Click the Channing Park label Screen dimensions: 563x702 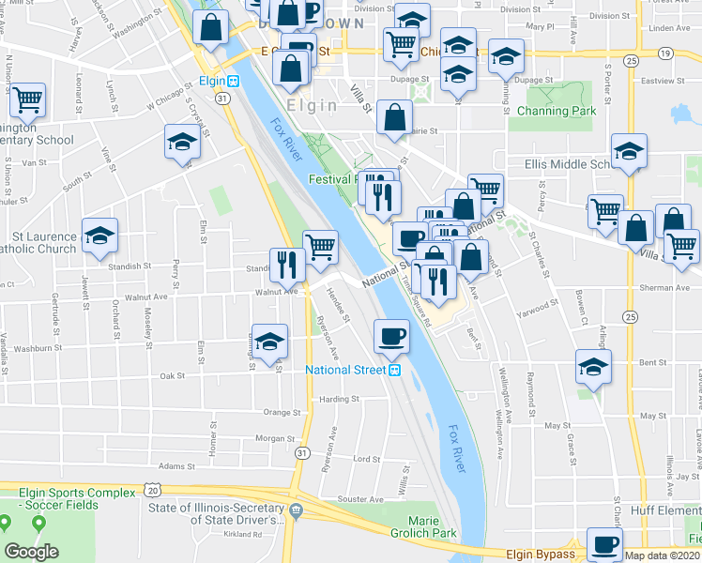pyautogui.click(x=557, y=111)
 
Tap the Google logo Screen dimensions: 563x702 pyautogui.click(x=31, y=552)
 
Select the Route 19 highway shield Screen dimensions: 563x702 pyautogui.click(x=664, y=53)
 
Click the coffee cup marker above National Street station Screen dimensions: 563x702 pyautogui.click(x=391, y=335)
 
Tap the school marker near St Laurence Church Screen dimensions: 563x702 pyautogui.click(x=99, y=236)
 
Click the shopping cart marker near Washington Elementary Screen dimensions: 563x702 pyautogui.click(x=27, y=98)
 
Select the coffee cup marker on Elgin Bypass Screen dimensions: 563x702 pyautogui.click(x=603, y=543)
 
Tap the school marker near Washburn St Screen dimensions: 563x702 pyautogui.click(x=269, y=340)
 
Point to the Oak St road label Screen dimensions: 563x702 pyautogui.click(x=173, y=375)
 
